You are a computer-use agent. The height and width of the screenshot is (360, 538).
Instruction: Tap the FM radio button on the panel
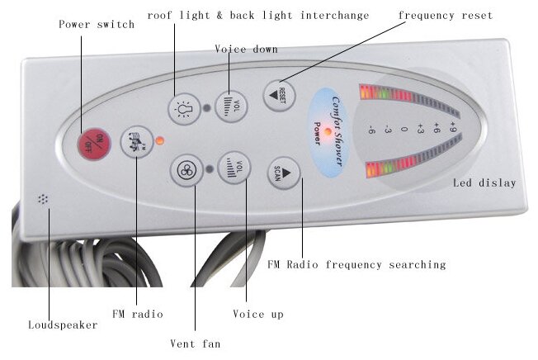[132, 141]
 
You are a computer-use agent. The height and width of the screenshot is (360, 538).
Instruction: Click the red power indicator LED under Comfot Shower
[328, 131]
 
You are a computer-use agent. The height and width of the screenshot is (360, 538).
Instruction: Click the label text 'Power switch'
[97, 24]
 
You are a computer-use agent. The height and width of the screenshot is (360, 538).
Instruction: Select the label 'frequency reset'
[445, 16]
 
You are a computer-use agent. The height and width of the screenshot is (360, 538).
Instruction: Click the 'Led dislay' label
[485, 182]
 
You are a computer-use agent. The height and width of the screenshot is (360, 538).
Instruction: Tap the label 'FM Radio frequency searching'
[356, 265]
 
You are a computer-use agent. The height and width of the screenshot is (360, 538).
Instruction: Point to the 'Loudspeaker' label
[63, 324]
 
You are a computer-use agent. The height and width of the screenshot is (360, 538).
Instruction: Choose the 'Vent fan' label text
[196, 343]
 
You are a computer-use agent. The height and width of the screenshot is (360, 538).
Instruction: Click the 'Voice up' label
[258, 314]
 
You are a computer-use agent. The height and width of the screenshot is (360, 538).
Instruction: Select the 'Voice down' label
[246, 50]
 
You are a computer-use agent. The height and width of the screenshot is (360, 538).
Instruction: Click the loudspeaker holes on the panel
[41, 199]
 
